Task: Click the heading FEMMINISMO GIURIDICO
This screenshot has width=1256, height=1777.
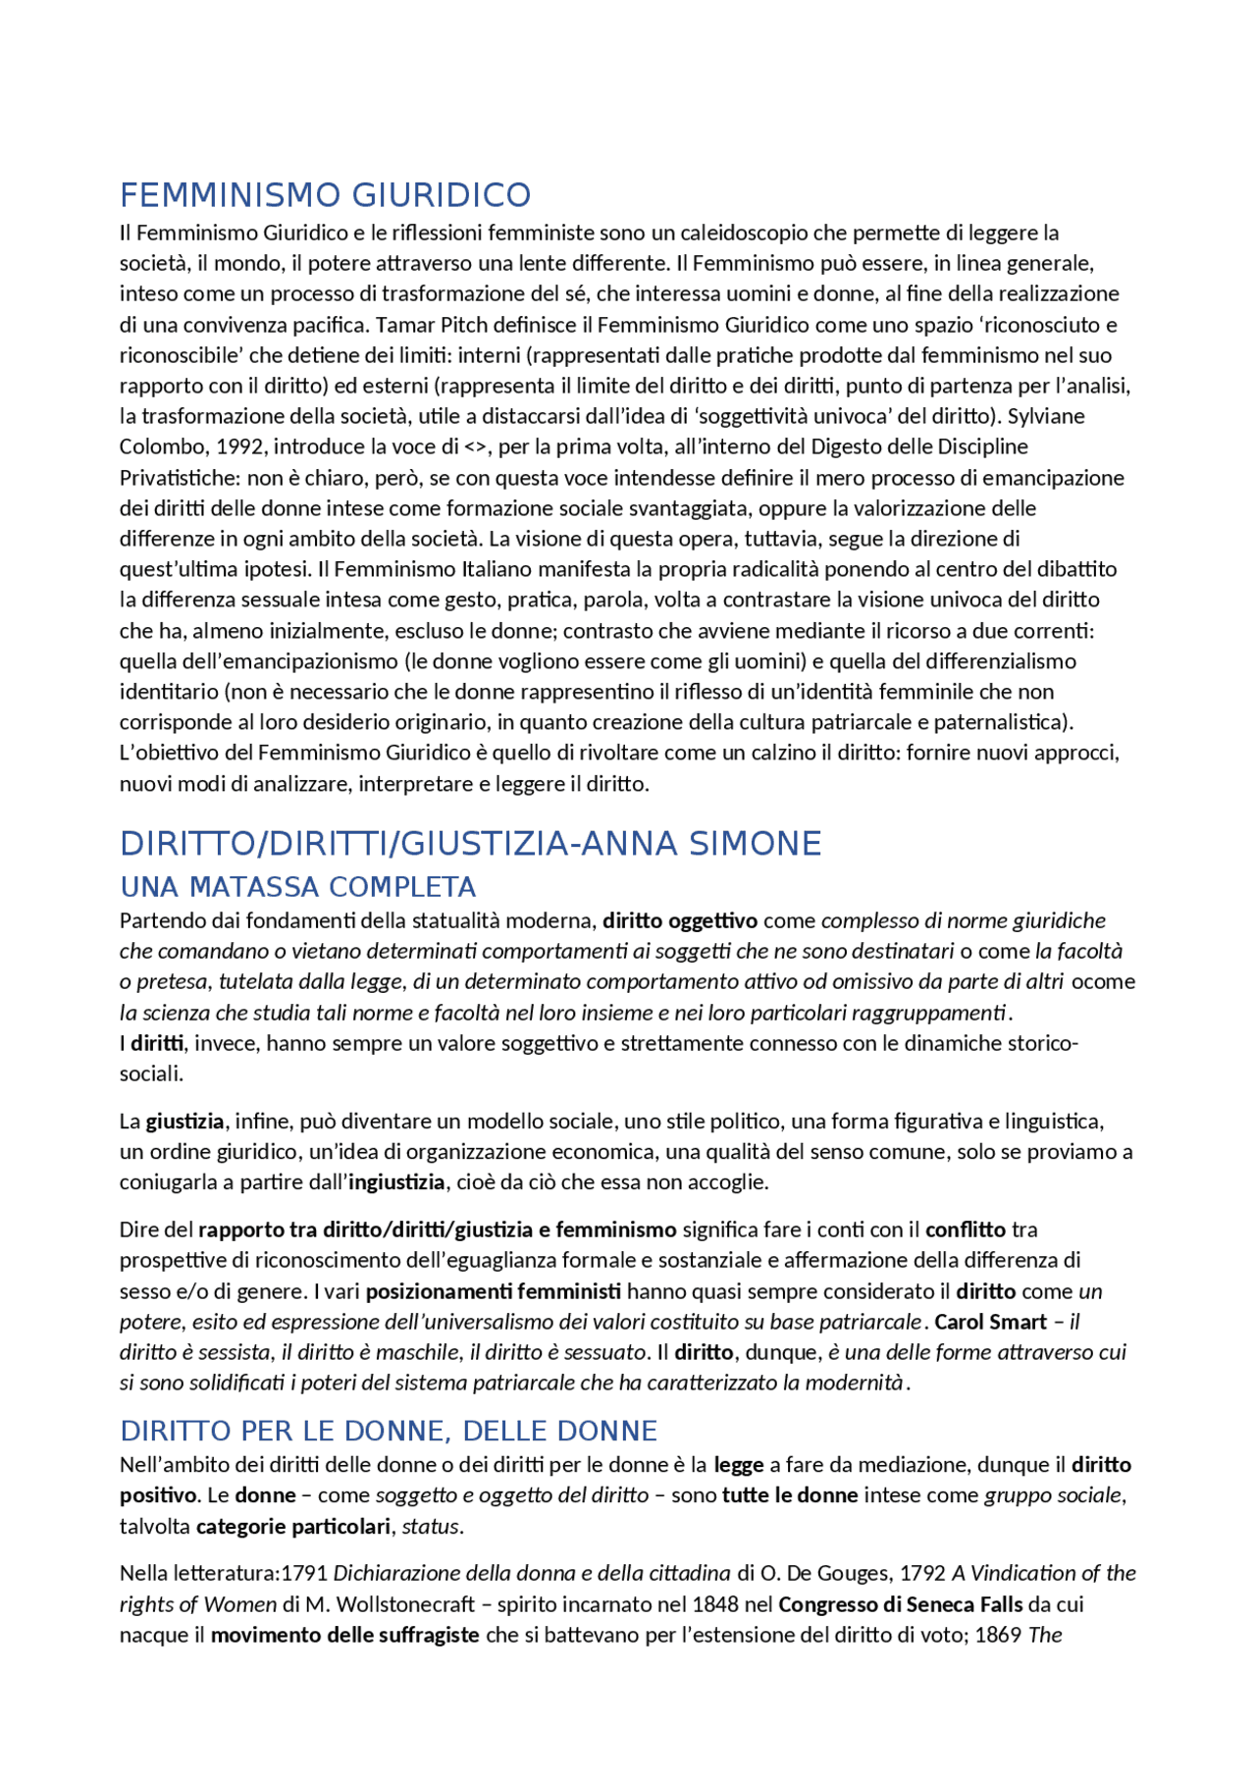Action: (325, 195)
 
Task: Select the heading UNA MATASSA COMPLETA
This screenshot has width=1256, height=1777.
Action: (297, 887)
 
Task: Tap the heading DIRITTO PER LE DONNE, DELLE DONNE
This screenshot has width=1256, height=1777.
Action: (389, 1431)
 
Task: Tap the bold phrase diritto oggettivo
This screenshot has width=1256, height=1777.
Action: (680, 920)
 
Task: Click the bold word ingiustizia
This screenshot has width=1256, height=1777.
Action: (396, 1182)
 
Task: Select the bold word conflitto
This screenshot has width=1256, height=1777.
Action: (966, 1229)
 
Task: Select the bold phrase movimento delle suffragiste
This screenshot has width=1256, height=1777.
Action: (344, 1635)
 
